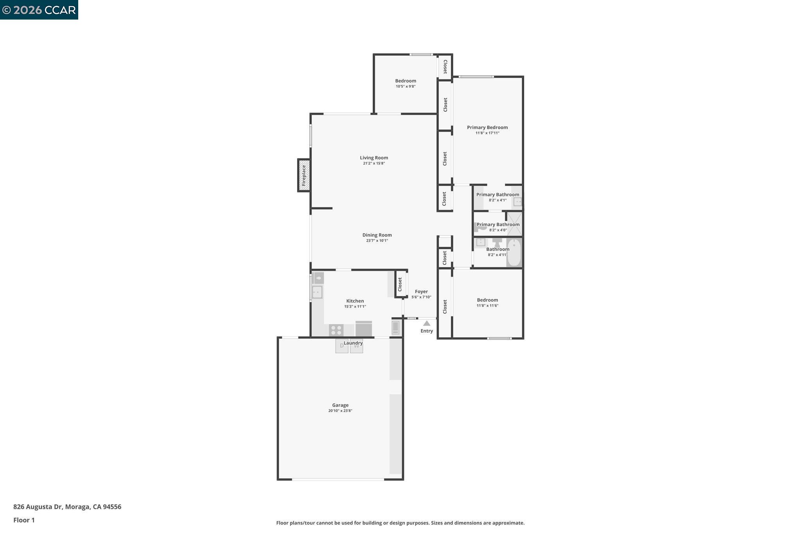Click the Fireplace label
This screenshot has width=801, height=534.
click(x=304, y=175)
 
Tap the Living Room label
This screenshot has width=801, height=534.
click(x=374, y=158)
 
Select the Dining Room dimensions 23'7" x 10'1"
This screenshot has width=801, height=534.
click(x=377, y=241)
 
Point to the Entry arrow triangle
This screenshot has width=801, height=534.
click(x=427, y=323)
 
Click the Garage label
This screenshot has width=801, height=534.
click(x=340, y=405)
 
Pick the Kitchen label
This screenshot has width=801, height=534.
click(x=355, y=301)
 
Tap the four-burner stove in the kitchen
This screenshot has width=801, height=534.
click(x=336, y=330)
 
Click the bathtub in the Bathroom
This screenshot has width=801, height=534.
click(x=514, y=253)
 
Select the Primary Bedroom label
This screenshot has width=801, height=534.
click(x=487, y=127)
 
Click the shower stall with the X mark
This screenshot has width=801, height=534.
click(x=515, y=224)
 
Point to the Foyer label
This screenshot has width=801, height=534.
click(x=421, y=291)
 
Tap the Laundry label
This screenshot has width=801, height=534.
click(x=353, y=343)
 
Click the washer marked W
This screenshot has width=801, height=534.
click(x=357, y=346)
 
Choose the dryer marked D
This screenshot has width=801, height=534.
click(x=341, y=346)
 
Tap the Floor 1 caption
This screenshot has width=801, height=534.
click(x=24, y=520)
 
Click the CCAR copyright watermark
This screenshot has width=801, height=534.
click(x=39, y=10)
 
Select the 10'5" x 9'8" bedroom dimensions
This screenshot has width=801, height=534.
click(x=406, y=86)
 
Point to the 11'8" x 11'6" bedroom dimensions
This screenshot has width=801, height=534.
click(x=487, y=306)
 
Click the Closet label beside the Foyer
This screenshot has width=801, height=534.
click(x=400, y=284)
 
